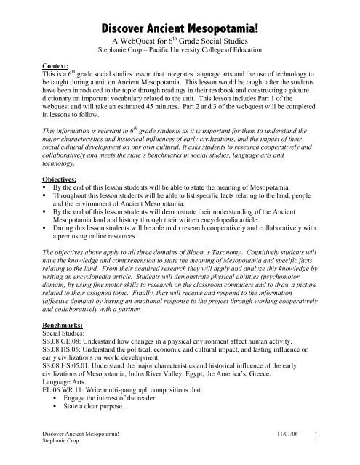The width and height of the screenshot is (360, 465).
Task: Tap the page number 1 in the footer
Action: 347,453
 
